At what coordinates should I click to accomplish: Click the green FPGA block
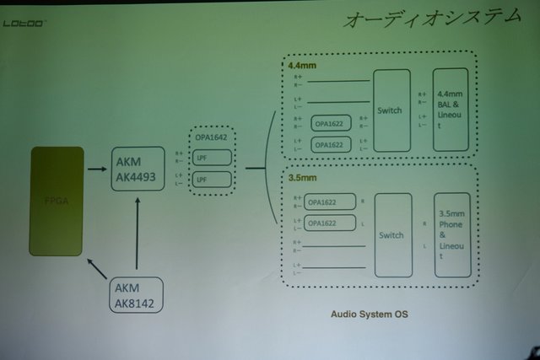57,201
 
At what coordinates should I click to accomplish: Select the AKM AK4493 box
138,169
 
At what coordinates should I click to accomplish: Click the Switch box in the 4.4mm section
391,110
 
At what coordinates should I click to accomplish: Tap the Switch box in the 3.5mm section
392,235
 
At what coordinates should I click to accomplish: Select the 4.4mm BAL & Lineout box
450,110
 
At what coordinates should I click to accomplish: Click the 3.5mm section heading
300,179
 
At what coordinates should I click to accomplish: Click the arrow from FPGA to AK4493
96,169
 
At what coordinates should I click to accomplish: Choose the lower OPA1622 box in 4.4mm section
332,144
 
